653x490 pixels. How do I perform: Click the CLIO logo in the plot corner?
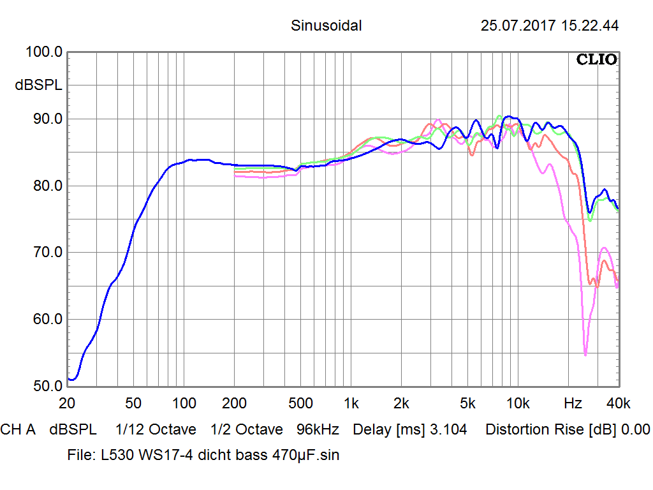pyautogui.click(x=596, y=60)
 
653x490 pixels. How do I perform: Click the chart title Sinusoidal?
pyautogui.click(x=326, y=26)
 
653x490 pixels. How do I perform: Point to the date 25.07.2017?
pyautogui.click(x=518, y=26)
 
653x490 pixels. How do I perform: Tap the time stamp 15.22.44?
pyautogui.click(x=590, y=26)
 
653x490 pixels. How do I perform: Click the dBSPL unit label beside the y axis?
pyautogui.click(x=38, y=85)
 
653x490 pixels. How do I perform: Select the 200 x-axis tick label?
pyautogui.click(x=235, y=403)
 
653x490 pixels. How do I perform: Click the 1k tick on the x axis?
pyautogui.click(x=351, y=403)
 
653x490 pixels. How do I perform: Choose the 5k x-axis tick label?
pyautogui.click(x=467, y=403)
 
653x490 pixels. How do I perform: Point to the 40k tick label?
pyautogui.click(x=618, y=403)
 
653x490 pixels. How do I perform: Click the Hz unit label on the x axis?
pyautogui.click(x=573, y=403)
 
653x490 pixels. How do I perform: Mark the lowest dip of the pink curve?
pyautogui.click(x=585, y=355)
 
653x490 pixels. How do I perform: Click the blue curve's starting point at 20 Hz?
pyautogui.click(x=69, y=378)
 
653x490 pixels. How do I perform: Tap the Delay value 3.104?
pyautogui.click(x=448, y=430)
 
